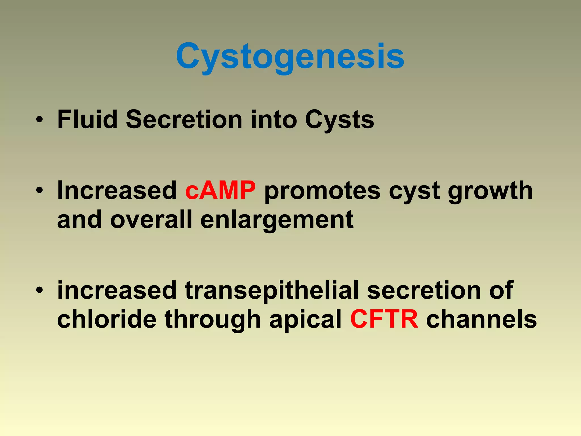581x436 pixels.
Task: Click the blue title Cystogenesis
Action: pos(290,56)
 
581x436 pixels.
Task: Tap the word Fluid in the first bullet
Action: pos(87,120)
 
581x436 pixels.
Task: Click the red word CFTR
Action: pos(384,319)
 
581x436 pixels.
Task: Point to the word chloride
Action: pos(107,319)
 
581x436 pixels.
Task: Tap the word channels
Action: pos(481,319)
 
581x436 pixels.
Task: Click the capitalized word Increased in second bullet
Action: pos(117,190)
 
